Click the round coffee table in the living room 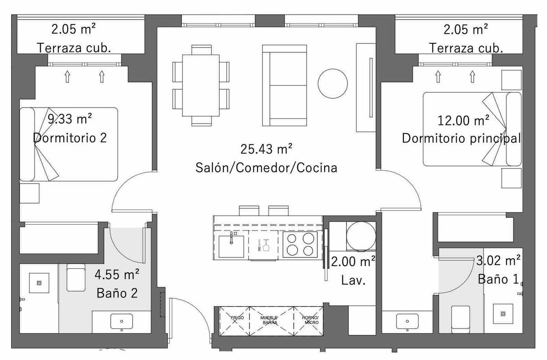click(x=333, y=83)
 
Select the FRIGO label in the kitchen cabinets click(x=237, y=318)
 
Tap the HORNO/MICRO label click(x=310, y=320)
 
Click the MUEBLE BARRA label click(x=269, y=320)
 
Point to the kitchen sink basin click(x=231, y=247)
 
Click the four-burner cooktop click(x=300, y=245)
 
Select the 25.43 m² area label click(x=266, y=149)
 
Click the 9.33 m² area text click(x=70, y=119)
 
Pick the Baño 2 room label click(x=117, y=293)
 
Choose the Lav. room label click(x=353, y=280)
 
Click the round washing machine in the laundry click(x=361, y=236)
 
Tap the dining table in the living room click(x=201, y=85)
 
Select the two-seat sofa click(x=284, y=85)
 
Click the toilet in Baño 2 click(x=76, y=278)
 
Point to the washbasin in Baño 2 click(x=122, y=321)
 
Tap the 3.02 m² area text click(x=498, y=261)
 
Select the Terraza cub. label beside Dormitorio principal click(x=466, y=48)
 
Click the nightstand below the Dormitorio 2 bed click(x=29, y=193)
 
